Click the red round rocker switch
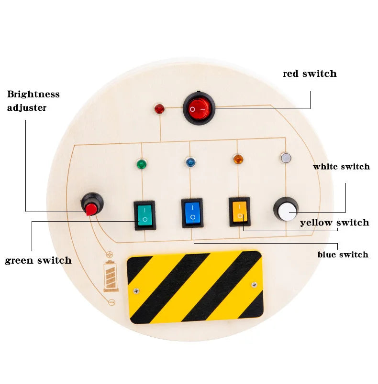tap(198, 108)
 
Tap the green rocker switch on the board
tap(144, 214)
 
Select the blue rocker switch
tap(191, 212)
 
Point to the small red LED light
tap(159, 109)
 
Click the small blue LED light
tap(190, 162)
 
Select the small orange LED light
tap(237, 159)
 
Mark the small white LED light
tap(285, 158)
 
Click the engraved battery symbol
tap(111, 277)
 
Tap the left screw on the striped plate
tap(136, 290)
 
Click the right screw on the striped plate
tap(254, 285)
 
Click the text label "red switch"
tap(310, 74)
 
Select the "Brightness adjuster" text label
tap(33, 101)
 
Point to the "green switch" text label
tap(38, 260)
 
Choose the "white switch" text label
tap(341, 167)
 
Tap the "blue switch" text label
tap(343, 255)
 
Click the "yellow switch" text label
tap(334, 223)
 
